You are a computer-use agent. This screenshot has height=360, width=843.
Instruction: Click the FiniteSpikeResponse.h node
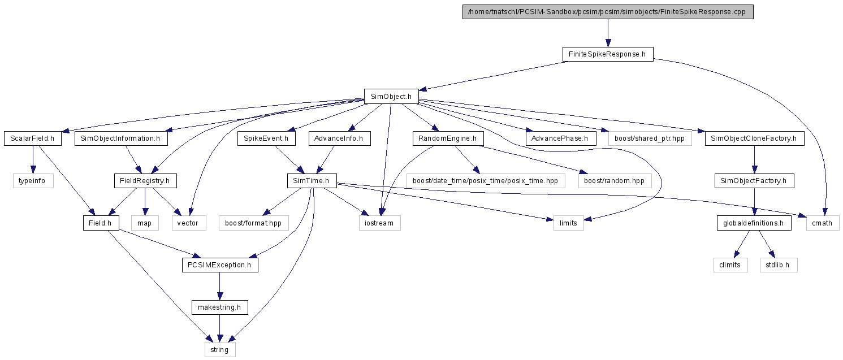pyautogui.click(x=608, y=54)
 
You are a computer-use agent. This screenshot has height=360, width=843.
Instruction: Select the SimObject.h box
pyautogui.click(x=391, y=96)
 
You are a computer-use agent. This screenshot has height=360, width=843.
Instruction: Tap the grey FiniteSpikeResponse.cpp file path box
pyautogui.click(x=608, y=12)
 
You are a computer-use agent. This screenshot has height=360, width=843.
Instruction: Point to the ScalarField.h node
pyautogui.click(x=33, y=138)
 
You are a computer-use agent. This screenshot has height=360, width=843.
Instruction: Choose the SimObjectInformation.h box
pyautogui.click(x=121, y=138)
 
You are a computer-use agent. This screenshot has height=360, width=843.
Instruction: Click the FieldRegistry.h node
pyautogui.click(x=145, y=181)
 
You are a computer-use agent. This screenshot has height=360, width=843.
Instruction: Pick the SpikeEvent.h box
pyautogui.click(x=266, y=138)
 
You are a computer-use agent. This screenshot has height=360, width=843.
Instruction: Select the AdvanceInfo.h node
pyautogui.click(x=339, y=138)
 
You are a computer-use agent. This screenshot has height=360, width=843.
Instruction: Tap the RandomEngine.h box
pyautogui.click(x=448, y=138)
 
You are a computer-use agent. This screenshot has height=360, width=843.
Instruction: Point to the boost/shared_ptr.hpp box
pyautogui.click(x=650, y=138)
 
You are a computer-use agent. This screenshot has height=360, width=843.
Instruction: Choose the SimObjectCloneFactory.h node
pyautogui.click(x=755, y=138)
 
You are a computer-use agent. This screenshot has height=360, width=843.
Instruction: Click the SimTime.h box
pyautogui.click(x=312, y=181)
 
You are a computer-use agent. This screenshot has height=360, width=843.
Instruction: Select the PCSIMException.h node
pyautogui.click(x=220, y=265)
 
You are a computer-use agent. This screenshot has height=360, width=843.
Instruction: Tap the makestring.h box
pyautogui.click(x=220, y=307)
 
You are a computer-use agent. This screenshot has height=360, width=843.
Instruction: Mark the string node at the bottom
pyautogui.click(x=220, y=349)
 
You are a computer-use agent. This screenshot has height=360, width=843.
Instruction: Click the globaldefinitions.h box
pyautogui.click(x=754, y=223)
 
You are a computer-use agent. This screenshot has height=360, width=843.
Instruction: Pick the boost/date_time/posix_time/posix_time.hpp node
pyautogui.click(x=486, y=181)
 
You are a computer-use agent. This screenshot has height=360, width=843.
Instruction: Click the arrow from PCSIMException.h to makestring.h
pyautogui.click(x=220, y=286)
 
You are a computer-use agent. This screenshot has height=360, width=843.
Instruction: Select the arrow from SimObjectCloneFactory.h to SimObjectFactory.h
pyautogui.click(x=754, y=159)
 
